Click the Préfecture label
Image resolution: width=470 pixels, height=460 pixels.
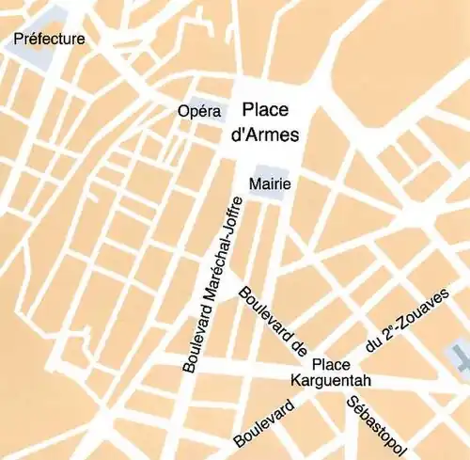49,40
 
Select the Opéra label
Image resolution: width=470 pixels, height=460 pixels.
198,112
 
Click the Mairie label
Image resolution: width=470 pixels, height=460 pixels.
270,184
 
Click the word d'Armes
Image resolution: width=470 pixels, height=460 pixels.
264,135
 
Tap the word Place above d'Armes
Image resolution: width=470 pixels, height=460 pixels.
265,110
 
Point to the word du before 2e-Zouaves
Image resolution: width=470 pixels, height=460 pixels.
375,345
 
